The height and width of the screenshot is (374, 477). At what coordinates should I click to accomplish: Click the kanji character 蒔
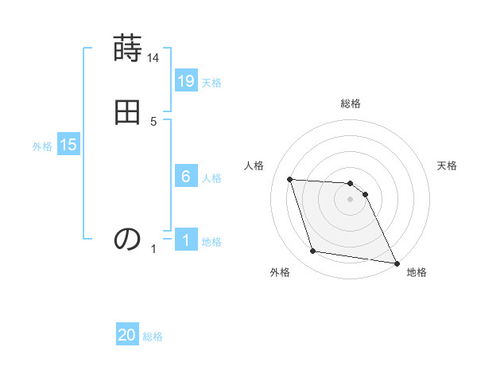click(x=127, y=49)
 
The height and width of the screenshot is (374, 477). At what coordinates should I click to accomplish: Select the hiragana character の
click(x=127, y=238)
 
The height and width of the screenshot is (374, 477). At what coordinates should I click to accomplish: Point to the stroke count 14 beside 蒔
click(x=153, y=58)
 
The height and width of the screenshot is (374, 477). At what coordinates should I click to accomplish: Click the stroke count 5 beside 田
click(x=153, y=121)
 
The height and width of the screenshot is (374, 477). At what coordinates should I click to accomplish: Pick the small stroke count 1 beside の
click(x=153, y=249)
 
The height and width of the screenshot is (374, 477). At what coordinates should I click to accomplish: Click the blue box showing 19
click(x=186, y=81)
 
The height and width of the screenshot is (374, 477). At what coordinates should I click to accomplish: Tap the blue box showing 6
click(x=186, y=177)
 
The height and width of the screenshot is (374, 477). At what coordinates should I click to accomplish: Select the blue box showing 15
click(x=68, y=146)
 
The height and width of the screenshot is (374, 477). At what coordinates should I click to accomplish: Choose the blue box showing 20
click(x=127, y=336)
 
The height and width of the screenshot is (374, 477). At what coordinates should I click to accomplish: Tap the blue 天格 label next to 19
click(x=211, y=83)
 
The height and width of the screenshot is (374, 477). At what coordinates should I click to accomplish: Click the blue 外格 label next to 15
click(x=42, y=146)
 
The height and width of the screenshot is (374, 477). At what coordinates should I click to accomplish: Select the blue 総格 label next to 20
click(x=153, y=337)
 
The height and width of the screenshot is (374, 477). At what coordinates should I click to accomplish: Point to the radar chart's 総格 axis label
click(x=351, y=103)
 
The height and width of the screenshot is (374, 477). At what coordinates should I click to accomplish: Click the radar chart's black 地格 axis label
click(x=417, y=272)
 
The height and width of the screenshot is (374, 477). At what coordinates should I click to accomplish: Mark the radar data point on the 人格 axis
click(x=289, y=179)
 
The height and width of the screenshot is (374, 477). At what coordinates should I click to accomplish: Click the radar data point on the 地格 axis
click(x=396, y=263)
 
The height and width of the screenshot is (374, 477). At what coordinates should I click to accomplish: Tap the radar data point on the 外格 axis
click(x=313, y=251)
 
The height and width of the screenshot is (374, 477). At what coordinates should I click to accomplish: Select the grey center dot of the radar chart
click(x=351, y=199)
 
